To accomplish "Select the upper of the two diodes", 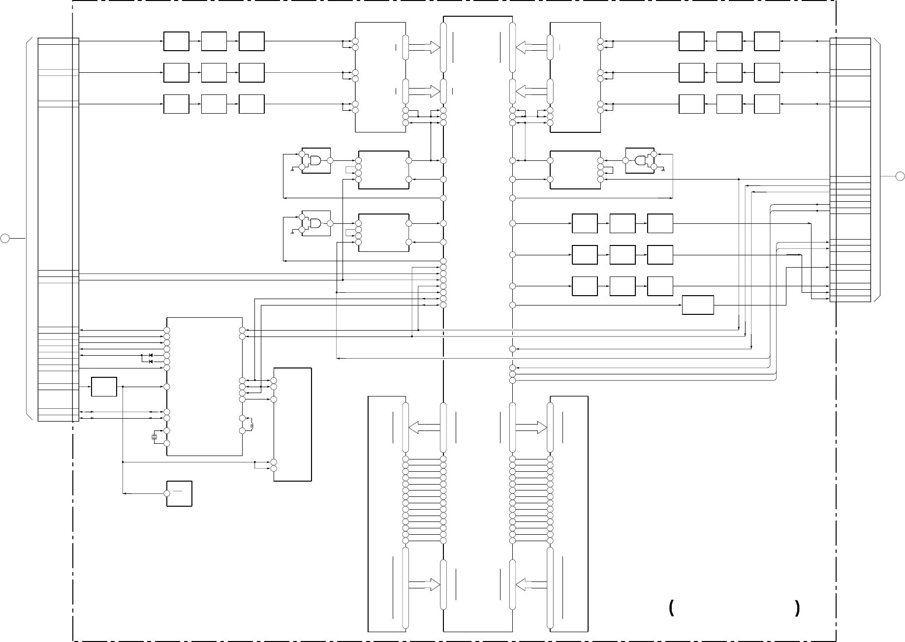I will pos(151,355).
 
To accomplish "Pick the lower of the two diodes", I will pos(151,362).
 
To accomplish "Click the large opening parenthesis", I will pos(671,609).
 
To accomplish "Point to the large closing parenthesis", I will pos(797,609).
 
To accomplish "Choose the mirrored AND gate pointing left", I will pos(640,160).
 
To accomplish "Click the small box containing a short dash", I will pos(179,493).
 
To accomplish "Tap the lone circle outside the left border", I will pos(5,239).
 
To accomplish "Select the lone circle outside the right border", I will pos(900,176).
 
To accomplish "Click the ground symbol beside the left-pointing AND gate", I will pos(663,170).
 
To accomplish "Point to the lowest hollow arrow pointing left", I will pos(531,584).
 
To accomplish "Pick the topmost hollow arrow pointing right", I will pos(424,47).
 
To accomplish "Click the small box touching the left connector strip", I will pos(104,387).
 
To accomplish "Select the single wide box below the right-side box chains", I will pos(698,305).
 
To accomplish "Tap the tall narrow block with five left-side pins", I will pos(292,424).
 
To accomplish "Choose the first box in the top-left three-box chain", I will pos(176,41).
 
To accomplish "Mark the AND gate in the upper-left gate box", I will pos(315,160).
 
